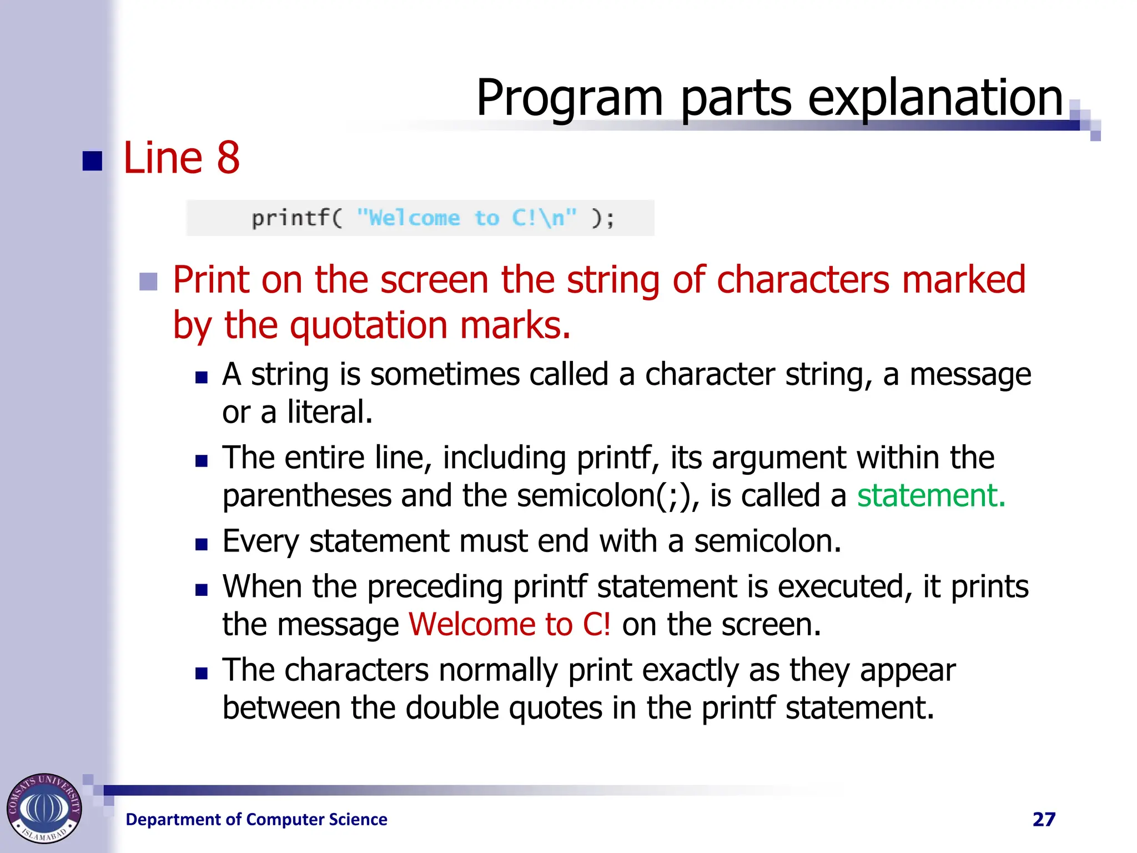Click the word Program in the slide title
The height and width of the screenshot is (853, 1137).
tap(570, 99)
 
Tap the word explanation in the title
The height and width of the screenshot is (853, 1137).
tap(935, 99)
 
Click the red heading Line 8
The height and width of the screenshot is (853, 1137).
tap(181, 158)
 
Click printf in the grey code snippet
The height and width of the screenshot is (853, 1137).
tap(290, 218)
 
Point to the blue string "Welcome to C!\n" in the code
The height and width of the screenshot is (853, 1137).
tap(466, 218)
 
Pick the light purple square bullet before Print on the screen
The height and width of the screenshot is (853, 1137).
tap(148, 282)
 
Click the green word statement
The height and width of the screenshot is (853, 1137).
tap(930, 495)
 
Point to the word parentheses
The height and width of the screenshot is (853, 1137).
tap(307, 495)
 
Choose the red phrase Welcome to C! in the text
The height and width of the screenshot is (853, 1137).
tap(510, 624)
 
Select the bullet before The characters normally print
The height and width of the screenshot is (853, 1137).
tap(202, 674)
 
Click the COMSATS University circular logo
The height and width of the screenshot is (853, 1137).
tap(44, 808)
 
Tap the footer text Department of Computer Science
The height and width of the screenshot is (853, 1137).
tap(256, 819)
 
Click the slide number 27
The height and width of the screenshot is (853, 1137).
tap(1044, 819)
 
